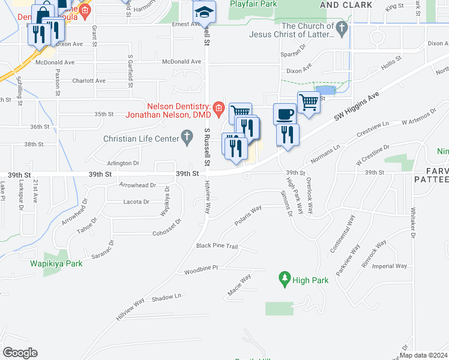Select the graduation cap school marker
point(204,11)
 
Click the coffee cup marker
point(285,113)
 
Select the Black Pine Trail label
point(217,246)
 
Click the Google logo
point(20,352)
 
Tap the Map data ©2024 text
point(424,355)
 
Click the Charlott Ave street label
point(88,80)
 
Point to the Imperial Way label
point(391,266)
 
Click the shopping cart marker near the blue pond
point(308,102)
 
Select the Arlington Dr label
point(122,163)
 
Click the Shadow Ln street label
point(166,297)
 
